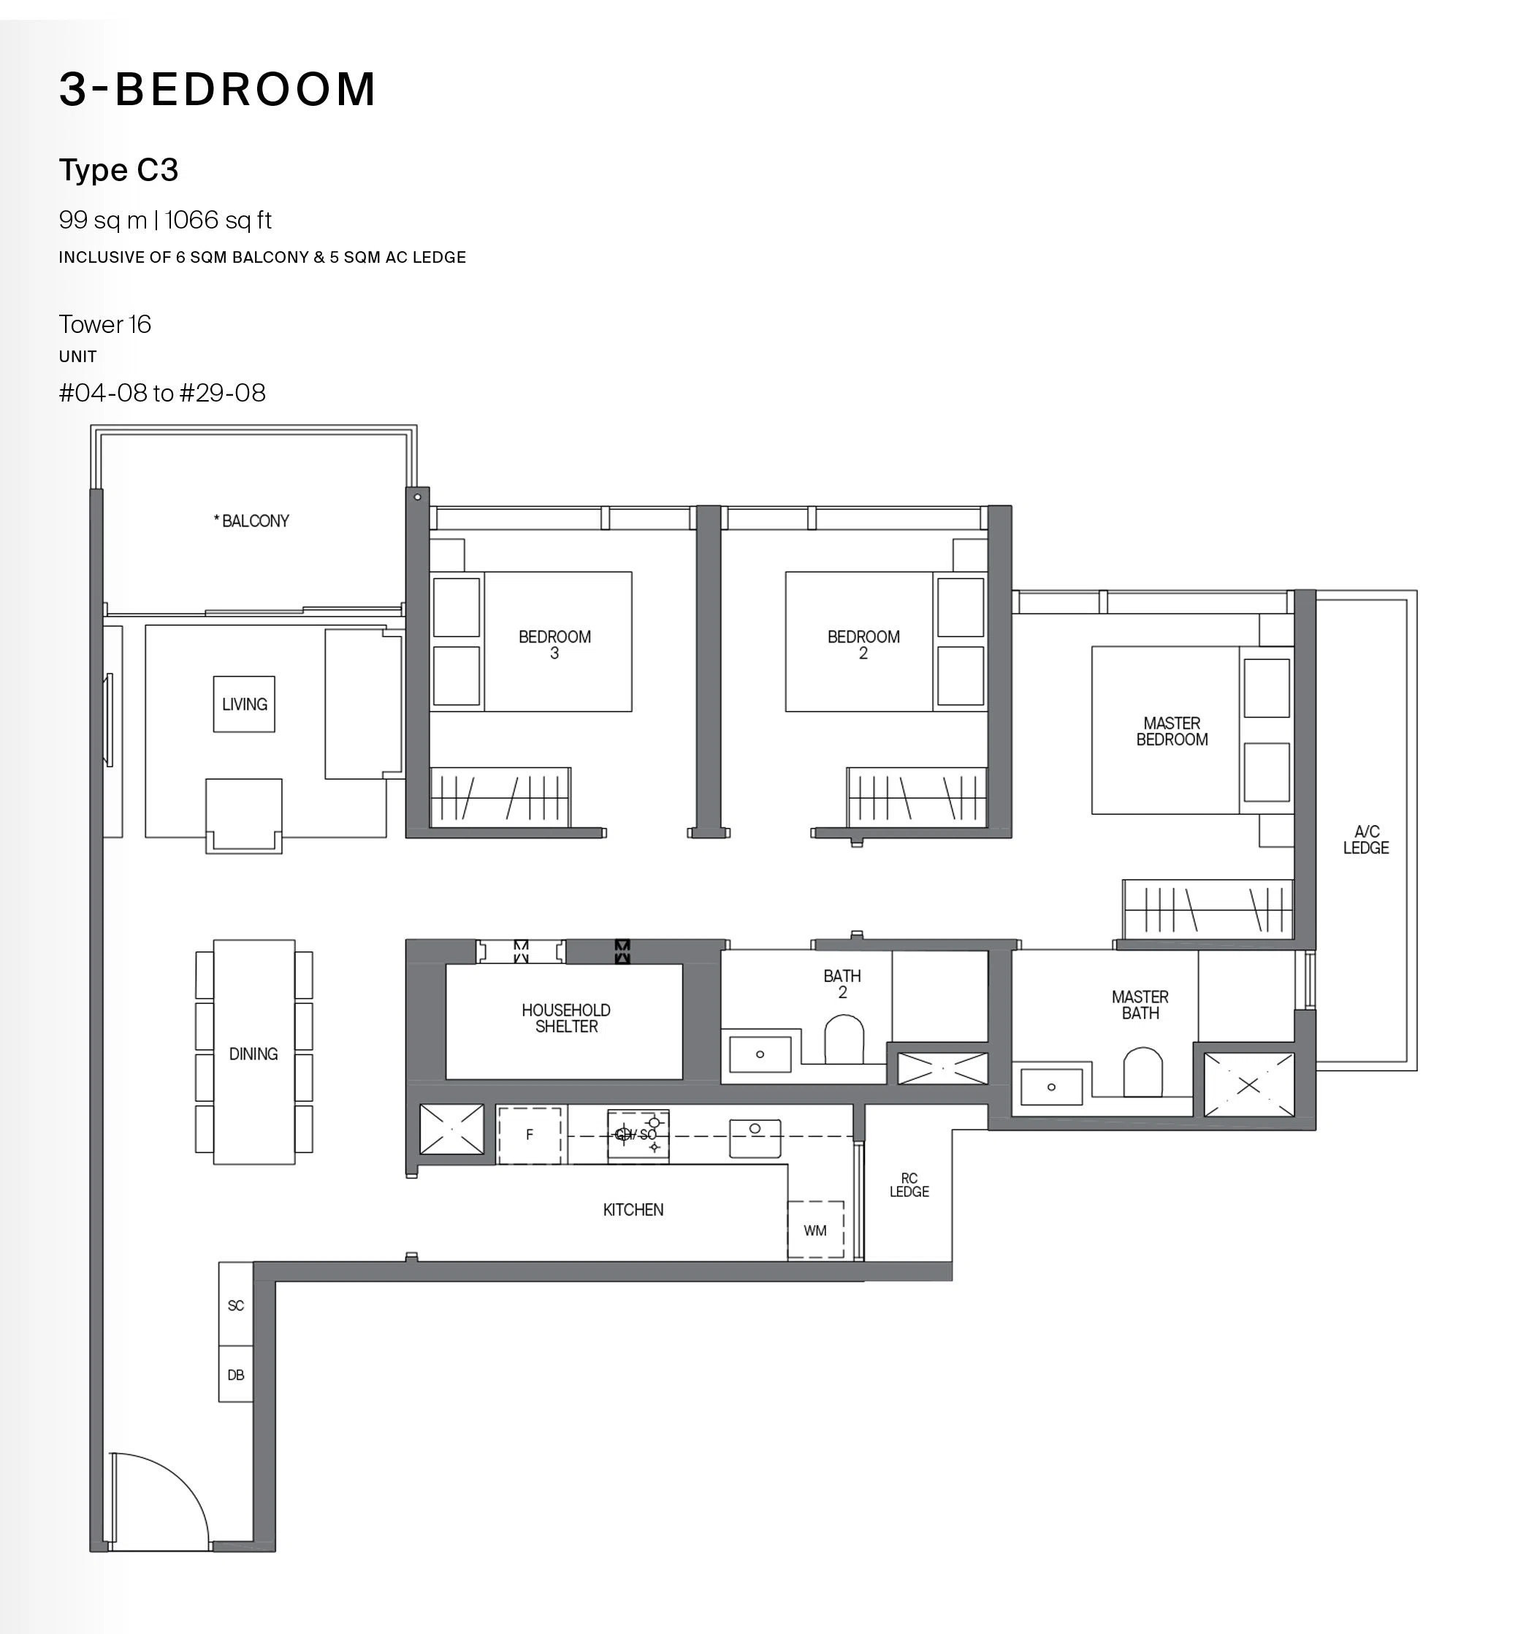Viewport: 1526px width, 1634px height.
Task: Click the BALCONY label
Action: coord(251,521)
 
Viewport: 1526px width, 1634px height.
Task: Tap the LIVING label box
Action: coord(244,705)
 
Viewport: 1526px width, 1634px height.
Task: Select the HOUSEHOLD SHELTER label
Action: coord(566,1019)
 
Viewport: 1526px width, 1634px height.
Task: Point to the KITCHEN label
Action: coord(633,1210)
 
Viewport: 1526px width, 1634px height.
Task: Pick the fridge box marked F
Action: coord(530,1135)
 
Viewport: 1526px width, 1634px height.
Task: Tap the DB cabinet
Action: coord(236,1374)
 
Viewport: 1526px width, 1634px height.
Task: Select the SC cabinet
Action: coord(236,1305)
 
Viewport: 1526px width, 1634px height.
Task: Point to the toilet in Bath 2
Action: coord(844,1039)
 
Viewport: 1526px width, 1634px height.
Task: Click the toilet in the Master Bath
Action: coord(1142,1071)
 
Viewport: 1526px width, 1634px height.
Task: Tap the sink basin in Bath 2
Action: coord(760,1054)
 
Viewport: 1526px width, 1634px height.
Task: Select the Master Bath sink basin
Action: coord(1052,1086)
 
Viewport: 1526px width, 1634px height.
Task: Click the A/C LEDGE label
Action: coord(1366,839)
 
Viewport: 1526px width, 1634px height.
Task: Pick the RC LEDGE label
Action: coord(909,1184)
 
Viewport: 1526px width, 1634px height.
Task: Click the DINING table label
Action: coord(253,1054)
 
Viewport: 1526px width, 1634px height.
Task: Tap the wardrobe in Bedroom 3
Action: coord(500,797)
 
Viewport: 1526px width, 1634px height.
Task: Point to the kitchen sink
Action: coord(755,1138)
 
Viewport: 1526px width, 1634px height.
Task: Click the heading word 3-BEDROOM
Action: coord(218,89)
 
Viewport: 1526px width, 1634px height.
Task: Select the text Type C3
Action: coord(118,170)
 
